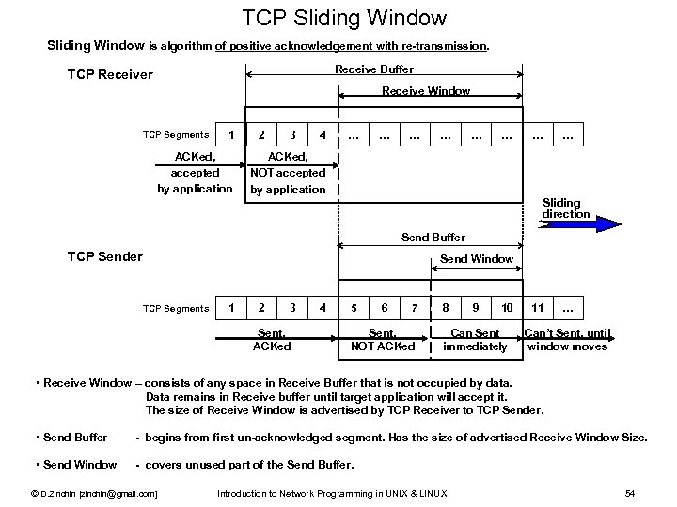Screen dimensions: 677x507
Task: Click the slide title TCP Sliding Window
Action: [x=344, y=17]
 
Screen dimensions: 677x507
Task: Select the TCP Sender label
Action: [x=105, y=256]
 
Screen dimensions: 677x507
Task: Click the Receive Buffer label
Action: [x=374, y=69]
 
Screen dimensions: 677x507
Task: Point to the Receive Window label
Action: [x=426, y=91]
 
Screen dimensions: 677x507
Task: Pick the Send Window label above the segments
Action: [x=478, y=258]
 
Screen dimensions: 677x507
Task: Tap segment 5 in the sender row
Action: [x=354, y=307]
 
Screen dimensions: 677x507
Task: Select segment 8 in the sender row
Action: [x=445, y=307]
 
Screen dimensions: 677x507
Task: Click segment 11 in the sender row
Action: [x=537, y=307]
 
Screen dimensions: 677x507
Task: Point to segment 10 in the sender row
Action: [x=506, y=307]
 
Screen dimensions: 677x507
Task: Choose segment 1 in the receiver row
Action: [x=231, y=134]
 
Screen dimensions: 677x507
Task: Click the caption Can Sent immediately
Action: [x=476, y=340]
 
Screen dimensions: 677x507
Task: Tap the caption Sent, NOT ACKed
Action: [x=383, y=340]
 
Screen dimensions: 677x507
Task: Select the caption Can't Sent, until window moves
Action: [x=567, y=340]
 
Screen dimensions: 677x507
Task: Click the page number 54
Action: [x=630, y=493]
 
